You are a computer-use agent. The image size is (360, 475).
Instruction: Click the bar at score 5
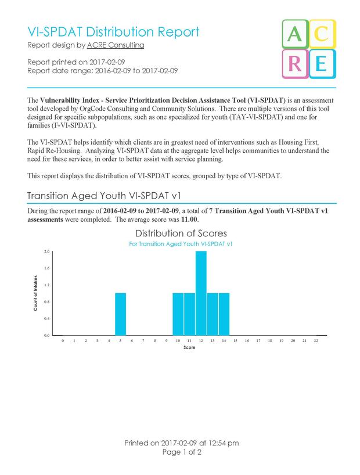tap(120, 314)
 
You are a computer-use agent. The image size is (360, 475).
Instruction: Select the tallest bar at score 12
tap(201, 293)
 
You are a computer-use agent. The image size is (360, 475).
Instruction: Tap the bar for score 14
tap(224, 314)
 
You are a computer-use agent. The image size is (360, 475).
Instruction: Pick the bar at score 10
tap(178, 314)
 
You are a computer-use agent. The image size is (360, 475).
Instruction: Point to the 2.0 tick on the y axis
tap(46, 251)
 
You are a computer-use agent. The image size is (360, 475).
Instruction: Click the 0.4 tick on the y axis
tap(46, 319)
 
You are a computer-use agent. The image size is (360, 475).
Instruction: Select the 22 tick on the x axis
tap(316, 341)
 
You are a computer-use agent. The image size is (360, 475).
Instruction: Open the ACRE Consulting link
tap(115, 45)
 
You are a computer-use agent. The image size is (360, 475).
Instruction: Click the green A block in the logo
tap(294, 35)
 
